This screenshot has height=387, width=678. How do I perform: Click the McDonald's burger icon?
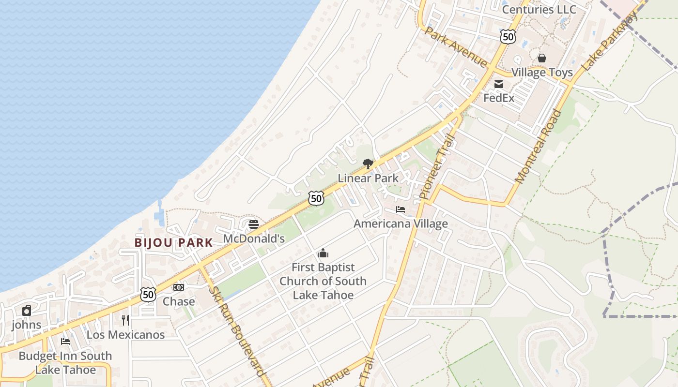(x=254, y=224)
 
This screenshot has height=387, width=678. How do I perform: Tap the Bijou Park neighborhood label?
(x=174, y=243)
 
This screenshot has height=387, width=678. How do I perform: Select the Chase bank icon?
(x=179, y=287)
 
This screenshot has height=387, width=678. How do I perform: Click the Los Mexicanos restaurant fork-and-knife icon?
(x=125, y=320)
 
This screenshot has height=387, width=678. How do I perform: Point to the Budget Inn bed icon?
(x=65, y=342)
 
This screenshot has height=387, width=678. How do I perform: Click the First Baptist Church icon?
(x=323, y=253)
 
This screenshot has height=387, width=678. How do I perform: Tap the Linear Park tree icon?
(x=368, y=164)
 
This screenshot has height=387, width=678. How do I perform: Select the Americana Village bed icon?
(x=401, y=209)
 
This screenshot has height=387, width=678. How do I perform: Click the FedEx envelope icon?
(x=499, y=85)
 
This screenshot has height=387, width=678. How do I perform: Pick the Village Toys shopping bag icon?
(x=542, y=58)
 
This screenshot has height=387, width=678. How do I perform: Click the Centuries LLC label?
(x=539, y=10)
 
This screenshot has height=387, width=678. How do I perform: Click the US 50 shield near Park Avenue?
(x=508, y=37)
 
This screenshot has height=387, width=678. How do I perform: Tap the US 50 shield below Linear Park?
(x=316, y=198)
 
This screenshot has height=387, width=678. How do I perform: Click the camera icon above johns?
(x=27, y=311)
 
